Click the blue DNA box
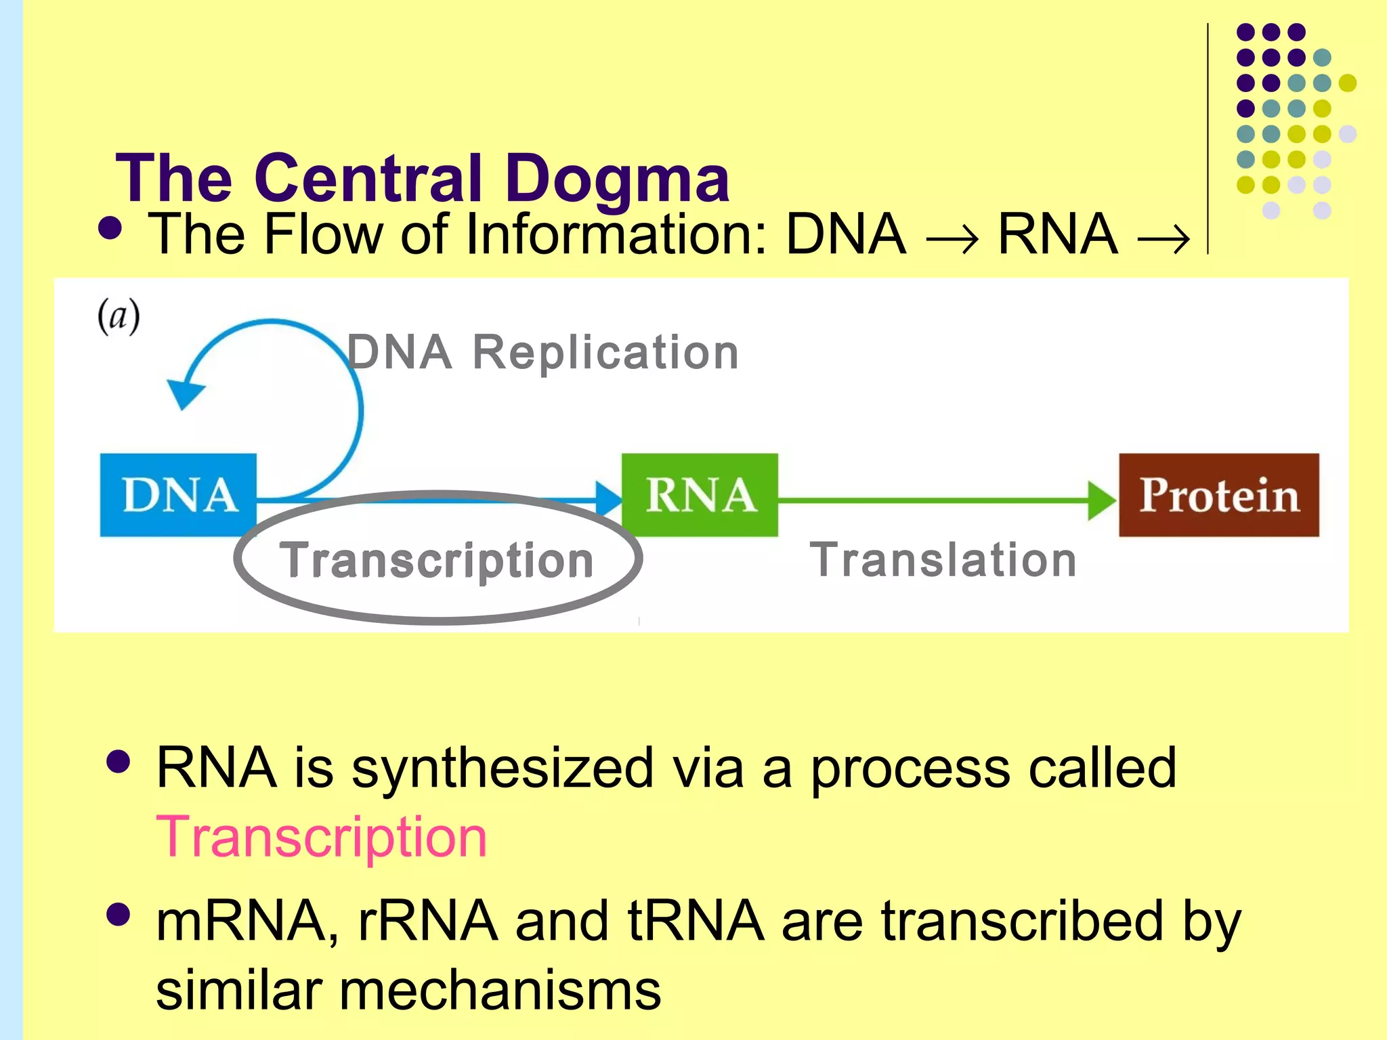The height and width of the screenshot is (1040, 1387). [x=178, y=495]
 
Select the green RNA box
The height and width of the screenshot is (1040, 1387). [x=700, y=495]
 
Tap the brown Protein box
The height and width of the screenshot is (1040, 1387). [x=1218, y=495]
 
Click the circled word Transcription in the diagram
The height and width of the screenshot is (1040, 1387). [x=437, y=561]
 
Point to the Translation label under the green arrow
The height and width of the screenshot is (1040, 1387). [x=943, y=561]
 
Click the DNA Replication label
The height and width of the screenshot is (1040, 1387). [x=542, y=353]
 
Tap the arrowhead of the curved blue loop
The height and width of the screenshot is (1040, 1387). [x=184, y=394]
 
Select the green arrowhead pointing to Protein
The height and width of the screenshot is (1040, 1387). [x=1101, y=500]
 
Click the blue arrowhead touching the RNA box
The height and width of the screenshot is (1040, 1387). [x=608, y=500]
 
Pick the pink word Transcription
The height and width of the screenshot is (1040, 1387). [x=321, y=837]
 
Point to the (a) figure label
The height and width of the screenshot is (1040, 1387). [x=119, y=316]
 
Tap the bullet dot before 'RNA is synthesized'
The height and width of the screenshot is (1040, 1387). [x=119, y=762]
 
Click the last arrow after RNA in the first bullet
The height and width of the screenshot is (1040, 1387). [x=1163, y=239]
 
